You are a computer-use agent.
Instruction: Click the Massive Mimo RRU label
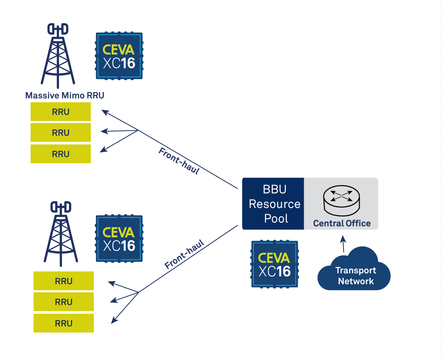[x=64, y=95]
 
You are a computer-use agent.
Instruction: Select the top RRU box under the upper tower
[x=61, y=112]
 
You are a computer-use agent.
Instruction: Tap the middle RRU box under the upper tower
[x=61, y=133]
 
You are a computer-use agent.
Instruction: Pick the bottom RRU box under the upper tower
[x=61, y=154]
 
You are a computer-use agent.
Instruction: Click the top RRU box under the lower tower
[x=64, y=281]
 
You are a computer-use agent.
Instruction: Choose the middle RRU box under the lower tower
[x=64, y=302]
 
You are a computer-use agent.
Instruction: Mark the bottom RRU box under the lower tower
[x=64, y=323]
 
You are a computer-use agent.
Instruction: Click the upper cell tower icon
[x=58, y=56]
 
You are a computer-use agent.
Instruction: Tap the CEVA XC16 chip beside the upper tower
[x=119, y=56]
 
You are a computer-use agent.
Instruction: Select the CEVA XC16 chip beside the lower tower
[x=119, y=239]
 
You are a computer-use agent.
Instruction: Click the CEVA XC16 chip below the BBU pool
[x=274, y=264]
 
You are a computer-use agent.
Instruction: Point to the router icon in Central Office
[x=341, y=200]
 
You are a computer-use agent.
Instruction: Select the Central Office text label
[x=342, y=223]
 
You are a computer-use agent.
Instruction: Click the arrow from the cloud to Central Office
[x=343, y=243]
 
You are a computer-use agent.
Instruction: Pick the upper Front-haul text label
[x=179, y=161]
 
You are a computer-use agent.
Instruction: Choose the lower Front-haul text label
[x=184, y=254]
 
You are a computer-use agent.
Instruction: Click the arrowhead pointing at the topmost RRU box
[x=105, y=112]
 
